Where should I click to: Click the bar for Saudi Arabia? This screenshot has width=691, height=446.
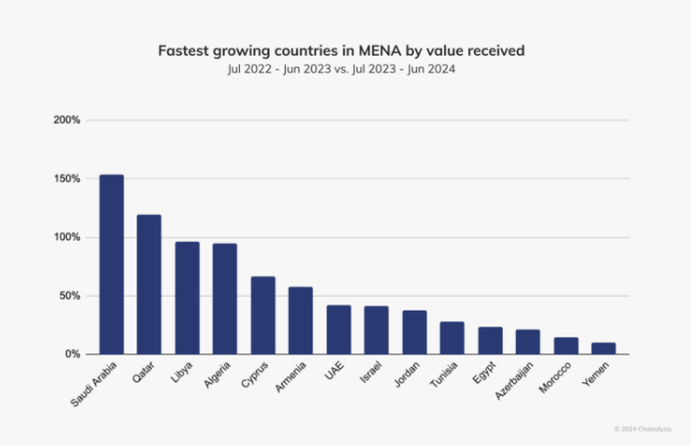[112, 265]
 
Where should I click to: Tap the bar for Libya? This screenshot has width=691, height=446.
[187, 298]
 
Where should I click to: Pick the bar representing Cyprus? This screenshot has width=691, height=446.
[263, 316]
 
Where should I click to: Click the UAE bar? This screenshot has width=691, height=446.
[339, 330]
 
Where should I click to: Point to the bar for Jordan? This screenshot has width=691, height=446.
[414, 333]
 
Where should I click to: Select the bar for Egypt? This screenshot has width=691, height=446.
[490, 340]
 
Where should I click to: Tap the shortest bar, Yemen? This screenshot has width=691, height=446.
[603, 348]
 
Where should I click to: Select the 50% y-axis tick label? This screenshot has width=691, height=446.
[69, 296]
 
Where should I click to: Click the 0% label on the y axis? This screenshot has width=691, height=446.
[72, 354]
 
